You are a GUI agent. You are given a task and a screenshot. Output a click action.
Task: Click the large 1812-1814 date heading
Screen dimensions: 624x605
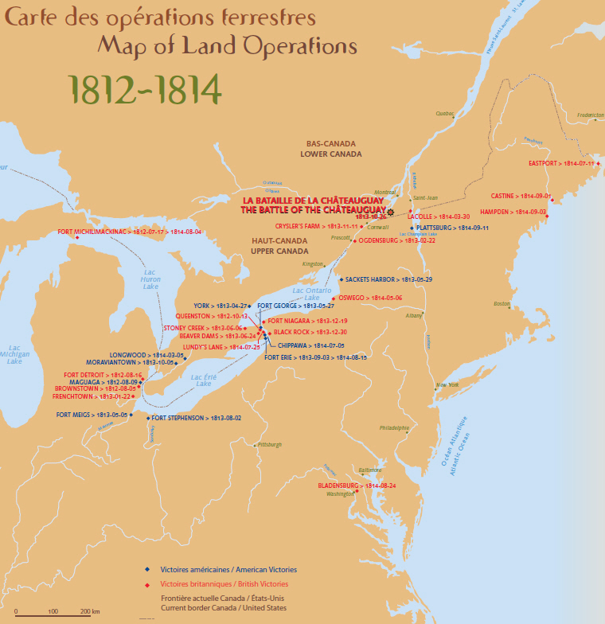[144, 91]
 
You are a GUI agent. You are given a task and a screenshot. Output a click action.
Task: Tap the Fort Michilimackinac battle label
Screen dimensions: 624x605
[130, 232]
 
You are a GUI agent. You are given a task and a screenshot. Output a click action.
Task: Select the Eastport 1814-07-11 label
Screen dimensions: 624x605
[560, 163]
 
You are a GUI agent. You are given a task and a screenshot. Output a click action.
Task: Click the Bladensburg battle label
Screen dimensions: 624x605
[357, 485]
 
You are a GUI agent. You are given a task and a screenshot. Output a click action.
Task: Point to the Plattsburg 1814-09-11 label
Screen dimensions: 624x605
[452, 228]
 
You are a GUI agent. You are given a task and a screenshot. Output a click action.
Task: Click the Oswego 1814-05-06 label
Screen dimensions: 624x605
[373, 298]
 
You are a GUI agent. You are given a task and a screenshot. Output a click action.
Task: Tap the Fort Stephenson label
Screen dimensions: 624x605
[196, 417]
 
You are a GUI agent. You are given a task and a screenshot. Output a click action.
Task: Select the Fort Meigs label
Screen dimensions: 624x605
[92, 415]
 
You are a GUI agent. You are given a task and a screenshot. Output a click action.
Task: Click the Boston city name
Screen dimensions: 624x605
[502, 304]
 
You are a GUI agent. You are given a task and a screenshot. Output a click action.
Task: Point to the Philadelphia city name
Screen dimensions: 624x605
[394, 427]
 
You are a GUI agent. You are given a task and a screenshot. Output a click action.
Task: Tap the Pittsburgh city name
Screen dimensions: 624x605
[269, 445]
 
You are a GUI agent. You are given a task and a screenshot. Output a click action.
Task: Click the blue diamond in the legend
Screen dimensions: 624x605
[146, 570]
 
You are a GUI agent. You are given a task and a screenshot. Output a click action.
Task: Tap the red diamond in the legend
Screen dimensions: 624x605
[146, 585]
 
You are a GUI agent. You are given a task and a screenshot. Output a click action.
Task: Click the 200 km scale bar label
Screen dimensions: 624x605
[89, 611]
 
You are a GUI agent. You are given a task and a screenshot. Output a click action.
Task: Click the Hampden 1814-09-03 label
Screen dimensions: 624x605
[513, 212]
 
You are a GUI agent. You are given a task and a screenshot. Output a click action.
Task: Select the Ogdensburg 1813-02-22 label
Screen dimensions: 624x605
[397, 240]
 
